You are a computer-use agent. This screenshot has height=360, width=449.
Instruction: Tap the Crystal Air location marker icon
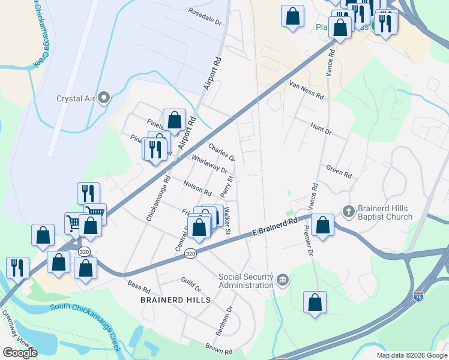[x=104, y=97]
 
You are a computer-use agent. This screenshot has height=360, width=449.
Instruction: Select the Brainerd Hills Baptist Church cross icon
[x=348, y=211]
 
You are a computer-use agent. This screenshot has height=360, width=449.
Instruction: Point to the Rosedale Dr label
[x=205, y=15]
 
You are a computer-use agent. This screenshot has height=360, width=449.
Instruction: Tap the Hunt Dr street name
[x=321, y=128]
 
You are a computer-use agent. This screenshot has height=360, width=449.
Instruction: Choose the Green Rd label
[x=339, y=171]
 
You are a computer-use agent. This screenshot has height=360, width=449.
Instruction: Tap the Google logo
[x=19, y=352]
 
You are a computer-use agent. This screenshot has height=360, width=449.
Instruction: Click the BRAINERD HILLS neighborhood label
[x=175, y=299]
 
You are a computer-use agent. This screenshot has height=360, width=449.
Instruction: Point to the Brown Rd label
[x=218, y=349]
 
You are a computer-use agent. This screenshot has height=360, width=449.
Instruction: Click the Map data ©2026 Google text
[x=411, y=355]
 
